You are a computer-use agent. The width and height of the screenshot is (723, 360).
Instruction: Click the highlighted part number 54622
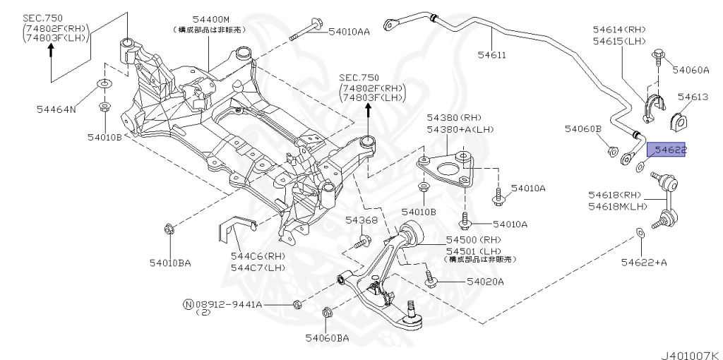click(x=669, y=150)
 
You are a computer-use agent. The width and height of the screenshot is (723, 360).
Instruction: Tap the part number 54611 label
click(x=491, y=53)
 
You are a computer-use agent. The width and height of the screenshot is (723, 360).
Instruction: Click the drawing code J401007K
click(x=689, y=351)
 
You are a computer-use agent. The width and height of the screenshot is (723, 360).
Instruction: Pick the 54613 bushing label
click(x=693, y=97)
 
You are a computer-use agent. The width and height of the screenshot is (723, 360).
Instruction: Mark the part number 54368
click(x=361, y=221)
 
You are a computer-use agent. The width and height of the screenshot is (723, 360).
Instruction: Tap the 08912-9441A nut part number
click(x=229, y=304)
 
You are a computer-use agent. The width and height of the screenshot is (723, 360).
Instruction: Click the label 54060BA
click(x=327, y=339)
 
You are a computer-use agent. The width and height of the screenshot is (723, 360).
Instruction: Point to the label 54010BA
click(x=169, y=263)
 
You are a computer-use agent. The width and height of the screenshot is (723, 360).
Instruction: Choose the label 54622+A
click(x=644, y=263)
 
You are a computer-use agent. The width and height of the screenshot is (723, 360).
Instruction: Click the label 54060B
click(x=582, y=129)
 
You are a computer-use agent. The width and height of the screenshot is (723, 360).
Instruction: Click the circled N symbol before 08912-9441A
click(x=188, y=304)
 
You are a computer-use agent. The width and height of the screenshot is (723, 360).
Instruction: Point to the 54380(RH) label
click(x=453, y=117)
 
